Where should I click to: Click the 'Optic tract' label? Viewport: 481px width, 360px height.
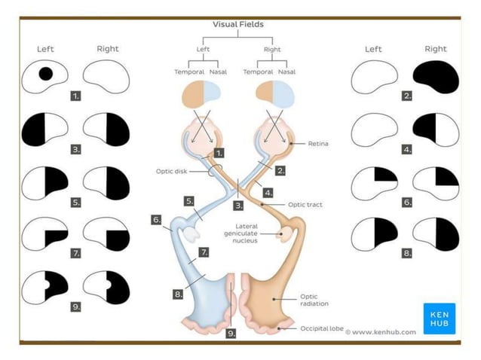click(306, 204)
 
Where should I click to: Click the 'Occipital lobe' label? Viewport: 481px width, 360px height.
click(323, 329)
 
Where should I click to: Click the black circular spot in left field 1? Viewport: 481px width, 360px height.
click(45, 73)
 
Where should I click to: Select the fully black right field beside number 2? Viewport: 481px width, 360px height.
click(436, 75)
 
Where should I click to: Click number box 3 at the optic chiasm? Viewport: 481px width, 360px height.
click(239, 204)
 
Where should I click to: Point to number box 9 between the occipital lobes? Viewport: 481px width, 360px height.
click(231, 332)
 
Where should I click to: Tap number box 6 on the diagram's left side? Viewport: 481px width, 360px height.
click(157, 220)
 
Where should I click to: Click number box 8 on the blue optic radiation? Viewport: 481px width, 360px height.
click(178, 294)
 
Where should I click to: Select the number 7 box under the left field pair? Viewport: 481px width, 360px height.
click(77, 253)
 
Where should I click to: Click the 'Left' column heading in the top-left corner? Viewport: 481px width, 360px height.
click(46, 49)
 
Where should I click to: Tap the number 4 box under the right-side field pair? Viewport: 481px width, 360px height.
click(407, 149)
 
